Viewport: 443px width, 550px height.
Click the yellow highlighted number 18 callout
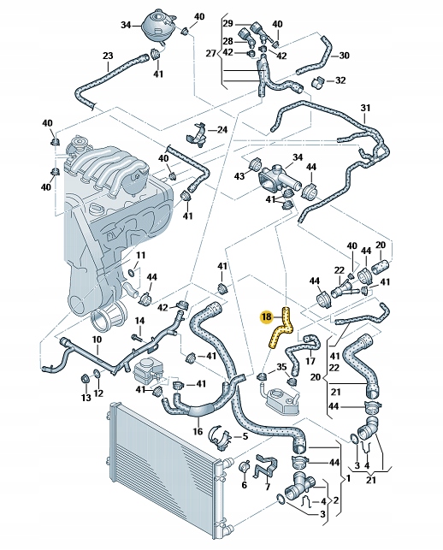pos(266,316)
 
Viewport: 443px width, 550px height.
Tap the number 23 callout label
pos(108,57)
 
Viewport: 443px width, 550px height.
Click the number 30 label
pos(344,56)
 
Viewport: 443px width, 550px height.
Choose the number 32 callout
pos(340,81)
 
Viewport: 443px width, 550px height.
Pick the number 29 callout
pos(227,22)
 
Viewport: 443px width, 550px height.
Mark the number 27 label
pos(212,54)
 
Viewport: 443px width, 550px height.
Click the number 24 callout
pos(222,130)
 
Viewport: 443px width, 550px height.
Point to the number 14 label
pos(139,321)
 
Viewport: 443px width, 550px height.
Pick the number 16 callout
pos(198,432)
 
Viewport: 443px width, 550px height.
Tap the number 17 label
pos(310,362)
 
